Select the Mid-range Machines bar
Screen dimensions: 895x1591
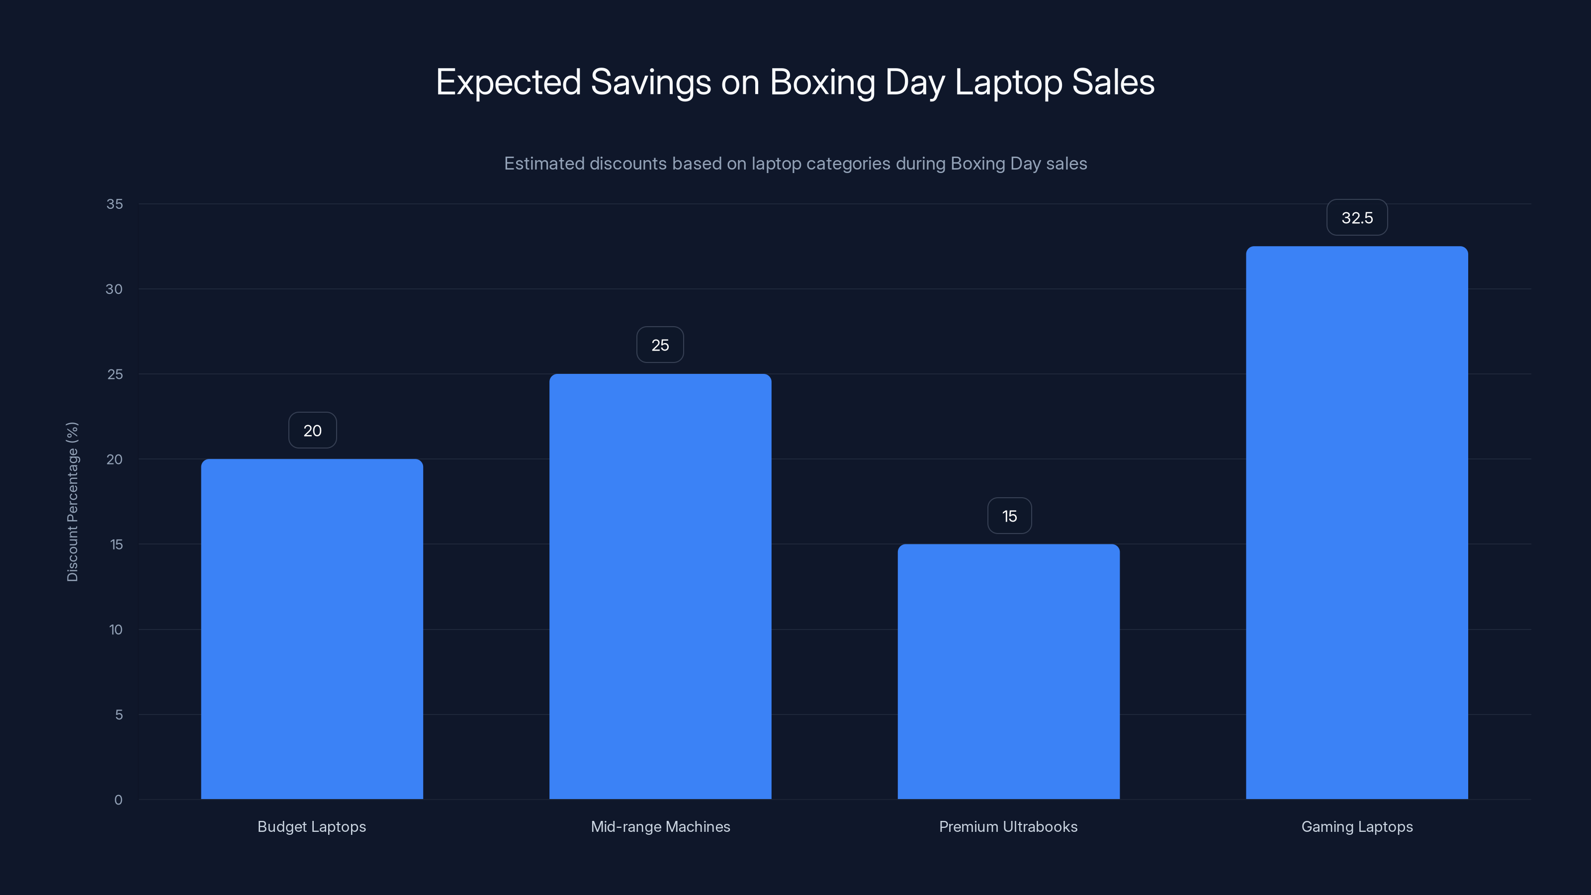click(660, 586)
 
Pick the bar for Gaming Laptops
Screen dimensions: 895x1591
click(1357, 523)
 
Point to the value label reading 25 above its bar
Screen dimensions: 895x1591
click(660, 345)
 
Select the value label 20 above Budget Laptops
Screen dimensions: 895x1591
click(313, 431)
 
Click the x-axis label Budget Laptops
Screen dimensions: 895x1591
click(312, 826)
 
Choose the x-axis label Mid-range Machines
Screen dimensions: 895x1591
click(660, 826)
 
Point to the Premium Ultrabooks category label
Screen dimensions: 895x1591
click(1008, 826)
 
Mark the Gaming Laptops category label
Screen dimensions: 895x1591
click(1357, 826)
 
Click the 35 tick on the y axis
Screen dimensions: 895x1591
click(115, 204)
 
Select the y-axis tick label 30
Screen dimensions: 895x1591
click(114, 289)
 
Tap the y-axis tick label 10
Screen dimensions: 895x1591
click(115, 629)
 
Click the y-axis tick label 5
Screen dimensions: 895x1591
click(119, 715)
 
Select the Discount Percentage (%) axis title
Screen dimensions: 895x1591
click(72, 502)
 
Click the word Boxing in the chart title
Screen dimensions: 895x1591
click(822, 82)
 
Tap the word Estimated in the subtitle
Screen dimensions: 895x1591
click(544, 164)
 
